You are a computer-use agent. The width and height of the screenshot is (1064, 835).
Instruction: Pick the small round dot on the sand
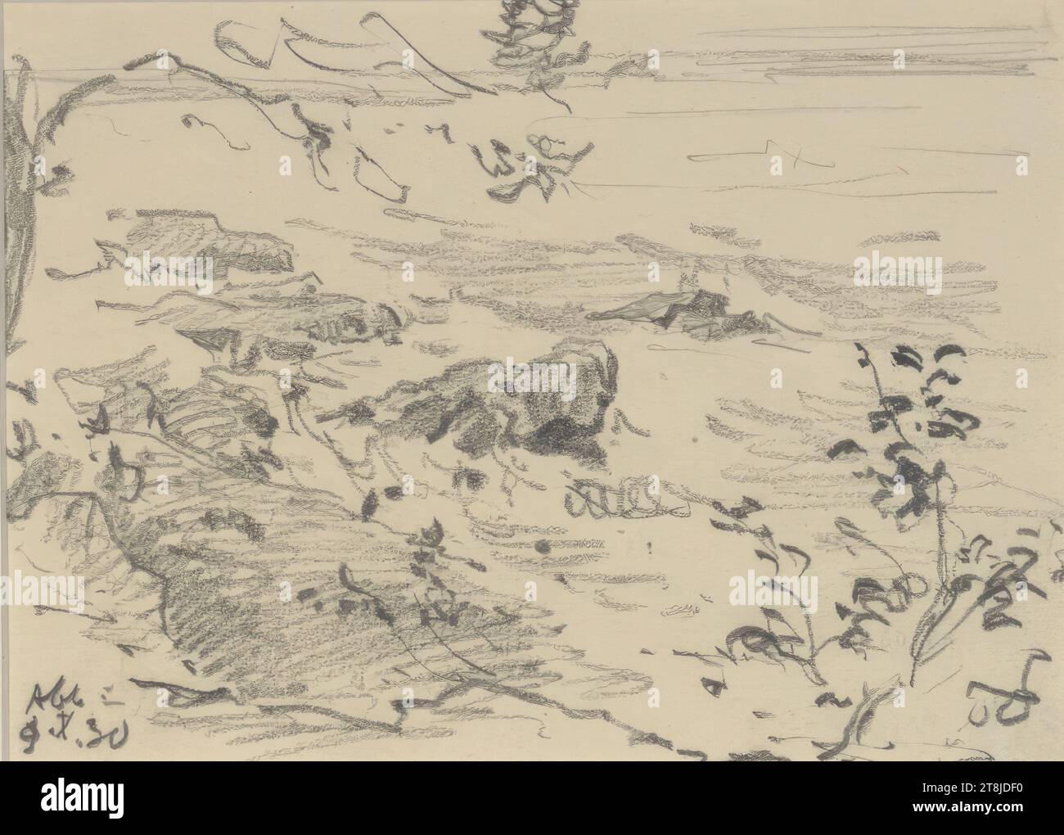pos(542,547)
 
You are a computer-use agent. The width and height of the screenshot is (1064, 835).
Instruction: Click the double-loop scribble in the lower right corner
pos(1015,696)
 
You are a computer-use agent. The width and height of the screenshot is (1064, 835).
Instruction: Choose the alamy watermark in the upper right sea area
pos(898,270)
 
